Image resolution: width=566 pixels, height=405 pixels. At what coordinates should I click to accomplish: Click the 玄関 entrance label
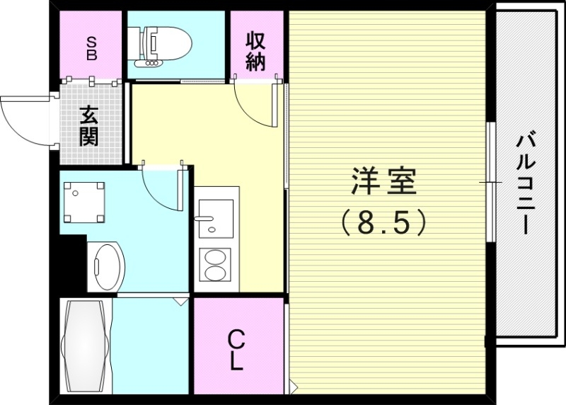(89, 125)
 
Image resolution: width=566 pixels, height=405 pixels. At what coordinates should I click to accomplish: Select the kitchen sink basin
(214, 218)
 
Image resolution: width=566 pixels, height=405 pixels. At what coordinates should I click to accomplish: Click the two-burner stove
(215, 268)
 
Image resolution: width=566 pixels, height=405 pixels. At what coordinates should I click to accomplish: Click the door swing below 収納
(255, 103)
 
